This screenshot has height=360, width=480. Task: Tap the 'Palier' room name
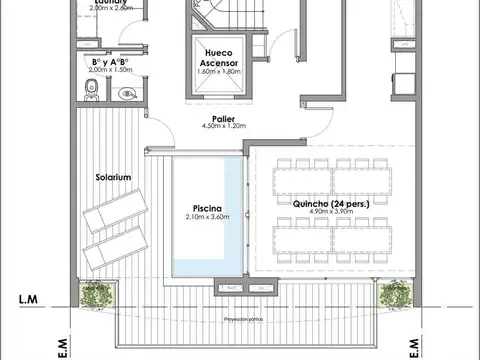pos(223,118)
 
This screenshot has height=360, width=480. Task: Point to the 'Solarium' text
pos(114,176)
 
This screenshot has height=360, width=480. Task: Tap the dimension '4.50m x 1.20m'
pos(223,127)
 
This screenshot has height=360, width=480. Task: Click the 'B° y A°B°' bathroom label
pos(110,62)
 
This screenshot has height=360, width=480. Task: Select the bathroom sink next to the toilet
pos(126,95)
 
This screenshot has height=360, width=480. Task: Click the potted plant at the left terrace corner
pos(97,295)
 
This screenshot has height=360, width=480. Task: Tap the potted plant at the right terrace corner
pos(396,295)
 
